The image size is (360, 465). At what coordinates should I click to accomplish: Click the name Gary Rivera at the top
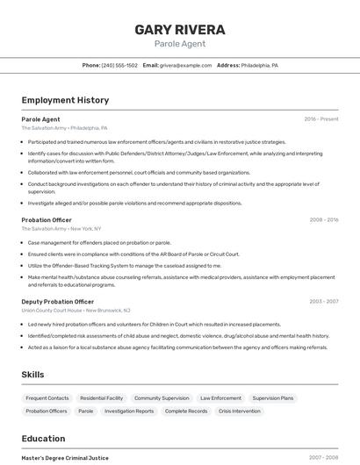(x=180, y=30)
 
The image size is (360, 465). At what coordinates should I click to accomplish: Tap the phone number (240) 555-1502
(x=119, y=66)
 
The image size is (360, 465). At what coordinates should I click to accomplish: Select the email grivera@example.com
(x=185, y=66)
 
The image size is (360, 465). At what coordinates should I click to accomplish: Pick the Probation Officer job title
(x=47, y=220)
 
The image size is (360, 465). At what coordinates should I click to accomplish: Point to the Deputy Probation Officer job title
(x=58, y=302)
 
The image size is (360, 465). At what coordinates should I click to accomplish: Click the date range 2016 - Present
(x=321, y=119)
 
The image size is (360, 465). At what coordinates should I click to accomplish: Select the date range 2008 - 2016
(x=324, y=220)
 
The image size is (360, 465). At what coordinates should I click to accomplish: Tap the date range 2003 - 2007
(x=324, y=302)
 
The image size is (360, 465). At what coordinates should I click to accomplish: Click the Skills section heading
(x=33, y=375)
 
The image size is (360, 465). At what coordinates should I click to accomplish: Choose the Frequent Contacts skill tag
(x=47, y=398)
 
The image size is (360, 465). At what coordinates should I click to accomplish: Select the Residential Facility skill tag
(x=102, y=398)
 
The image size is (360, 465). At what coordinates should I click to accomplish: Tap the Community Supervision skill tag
(x=162, y=398)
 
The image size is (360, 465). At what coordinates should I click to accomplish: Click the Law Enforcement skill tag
(x=220, y=398)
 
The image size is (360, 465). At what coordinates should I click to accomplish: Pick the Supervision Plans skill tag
(x=273, y=398)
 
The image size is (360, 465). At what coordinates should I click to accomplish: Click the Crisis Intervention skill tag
(x=240, y=411)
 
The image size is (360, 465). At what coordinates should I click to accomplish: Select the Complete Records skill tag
(x=186, y=411)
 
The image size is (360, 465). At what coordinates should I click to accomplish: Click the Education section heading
(x=43, y=439)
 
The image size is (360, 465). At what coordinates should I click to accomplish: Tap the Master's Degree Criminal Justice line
(x=65, y=458)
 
